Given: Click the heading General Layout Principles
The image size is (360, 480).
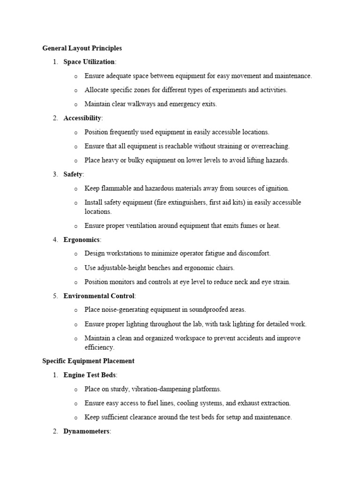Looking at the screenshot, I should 82,48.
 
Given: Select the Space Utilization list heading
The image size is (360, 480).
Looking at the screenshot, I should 89,62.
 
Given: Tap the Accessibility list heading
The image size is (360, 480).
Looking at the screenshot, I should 82,118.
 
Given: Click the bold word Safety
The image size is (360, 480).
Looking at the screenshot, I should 73,174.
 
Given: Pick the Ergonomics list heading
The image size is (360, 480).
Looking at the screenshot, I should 82,240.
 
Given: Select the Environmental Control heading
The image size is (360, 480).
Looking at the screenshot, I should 99,296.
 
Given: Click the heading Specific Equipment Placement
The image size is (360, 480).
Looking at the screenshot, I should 88,361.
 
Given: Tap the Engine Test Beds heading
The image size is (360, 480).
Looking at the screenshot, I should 90,375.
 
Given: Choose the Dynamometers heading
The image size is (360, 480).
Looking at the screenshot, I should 86,431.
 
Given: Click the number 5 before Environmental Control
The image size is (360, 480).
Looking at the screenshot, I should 55,296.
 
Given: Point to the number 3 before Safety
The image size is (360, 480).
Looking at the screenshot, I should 55,174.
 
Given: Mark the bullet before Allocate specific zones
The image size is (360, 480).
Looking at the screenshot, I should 75,90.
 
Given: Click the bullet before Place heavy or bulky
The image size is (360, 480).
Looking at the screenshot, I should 75,160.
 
